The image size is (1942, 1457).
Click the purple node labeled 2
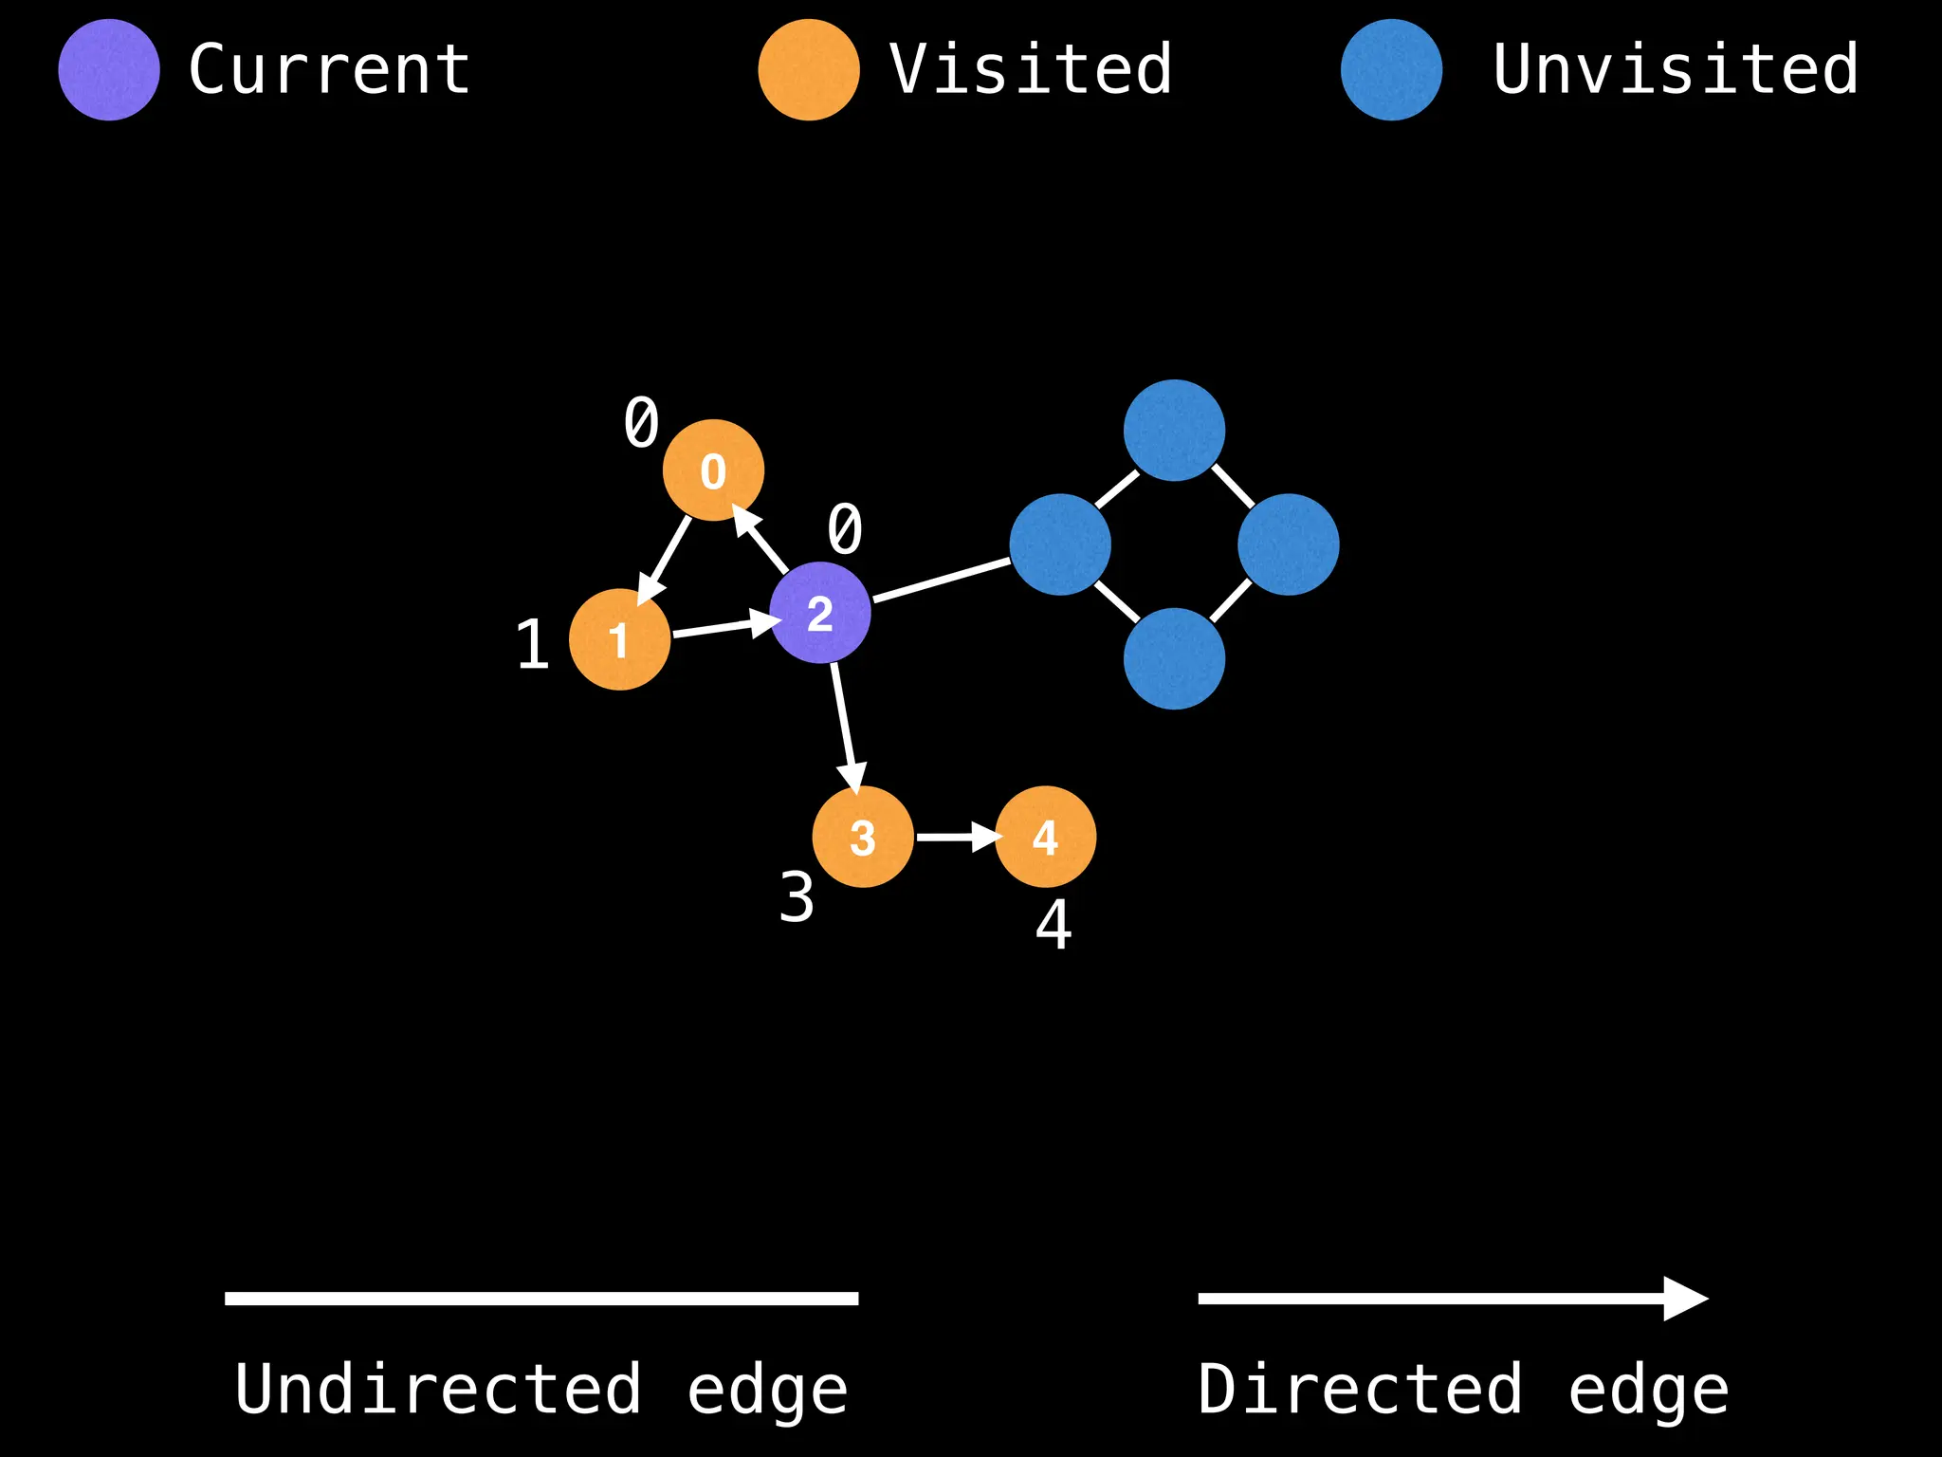click(819, 613)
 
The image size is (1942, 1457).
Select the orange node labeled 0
click(713, 470)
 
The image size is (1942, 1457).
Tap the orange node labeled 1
click(619, 639)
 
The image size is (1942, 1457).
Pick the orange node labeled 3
click(863, 837)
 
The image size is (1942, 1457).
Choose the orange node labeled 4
click(1045, 837)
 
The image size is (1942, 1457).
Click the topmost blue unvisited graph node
click(1174, 431)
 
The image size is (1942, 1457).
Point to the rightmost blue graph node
click(1288, 544)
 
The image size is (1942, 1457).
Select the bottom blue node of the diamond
click(1174, 658)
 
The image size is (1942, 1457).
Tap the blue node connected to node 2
click(1060, 544)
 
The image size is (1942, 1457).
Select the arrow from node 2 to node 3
click(844, 726)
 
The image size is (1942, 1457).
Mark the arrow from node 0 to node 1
click(666, 560)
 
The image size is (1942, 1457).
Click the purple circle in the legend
click(109, 70)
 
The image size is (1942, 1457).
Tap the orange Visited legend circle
click(809, 70)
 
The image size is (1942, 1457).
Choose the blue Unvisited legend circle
click(1391, 70)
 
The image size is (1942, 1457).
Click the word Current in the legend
click(329, 70)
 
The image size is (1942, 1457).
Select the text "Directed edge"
click(1462, 1390)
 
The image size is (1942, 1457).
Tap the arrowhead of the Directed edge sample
click(1686, 1299)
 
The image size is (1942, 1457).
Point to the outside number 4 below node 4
click(1053, 925)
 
